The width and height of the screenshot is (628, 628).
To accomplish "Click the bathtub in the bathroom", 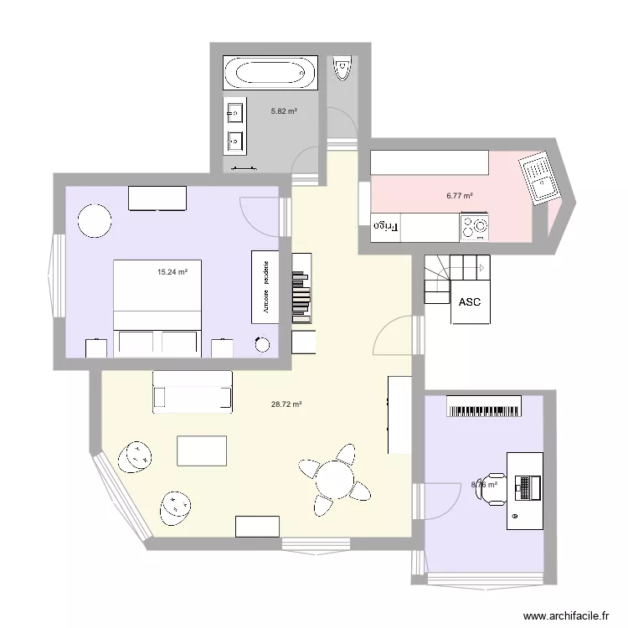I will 270,72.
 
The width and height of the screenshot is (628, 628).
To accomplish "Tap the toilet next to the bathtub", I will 342,69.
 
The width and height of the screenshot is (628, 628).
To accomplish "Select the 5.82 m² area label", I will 285,111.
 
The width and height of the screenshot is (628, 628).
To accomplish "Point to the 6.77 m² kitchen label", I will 460,196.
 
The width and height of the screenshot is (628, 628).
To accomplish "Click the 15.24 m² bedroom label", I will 172,271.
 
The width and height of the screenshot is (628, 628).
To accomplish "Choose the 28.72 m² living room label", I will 286,404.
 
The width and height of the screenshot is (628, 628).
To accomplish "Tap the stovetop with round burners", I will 474,225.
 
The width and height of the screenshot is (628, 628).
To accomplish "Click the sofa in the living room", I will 192,392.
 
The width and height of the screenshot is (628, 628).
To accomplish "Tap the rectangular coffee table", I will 202,450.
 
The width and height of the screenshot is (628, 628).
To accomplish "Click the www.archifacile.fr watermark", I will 567,615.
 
